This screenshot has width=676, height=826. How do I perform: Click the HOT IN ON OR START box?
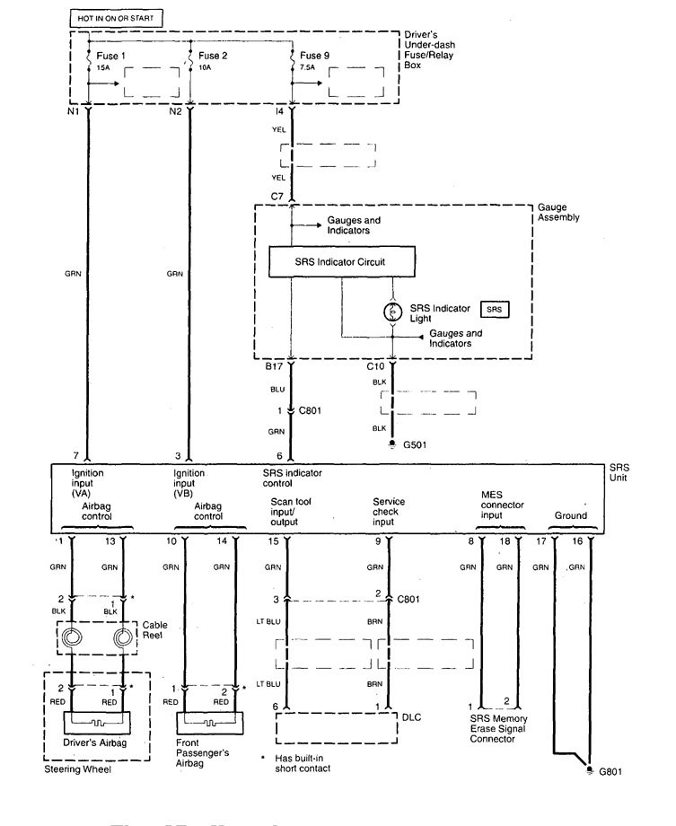coord(113,17)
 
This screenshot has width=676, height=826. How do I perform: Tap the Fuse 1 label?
coord(112,55)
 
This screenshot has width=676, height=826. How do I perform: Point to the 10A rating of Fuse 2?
coord(206,66)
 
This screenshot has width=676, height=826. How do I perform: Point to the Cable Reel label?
coord(154,629)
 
